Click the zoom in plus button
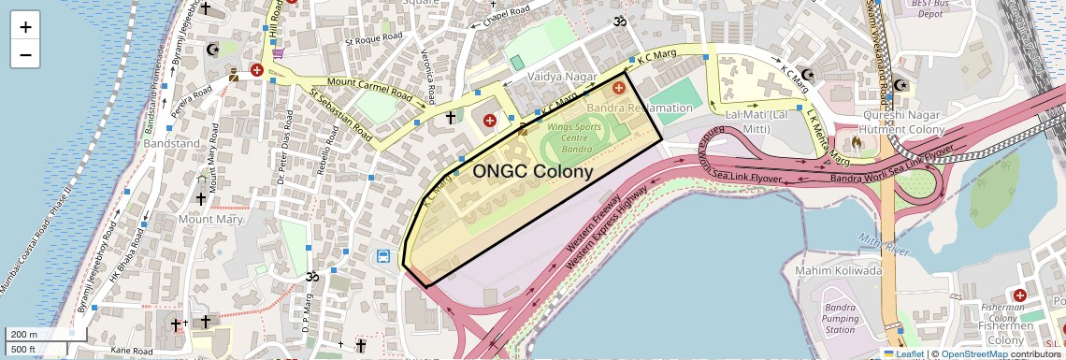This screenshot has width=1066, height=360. (25, 27)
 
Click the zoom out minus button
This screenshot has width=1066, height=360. (25, 55)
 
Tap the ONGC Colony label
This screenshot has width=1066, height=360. (532, 172)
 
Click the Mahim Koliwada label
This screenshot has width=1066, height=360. (838, 271)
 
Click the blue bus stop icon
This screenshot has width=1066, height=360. (383, 256)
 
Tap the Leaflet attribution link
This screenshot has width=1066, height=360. (908, 353)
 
